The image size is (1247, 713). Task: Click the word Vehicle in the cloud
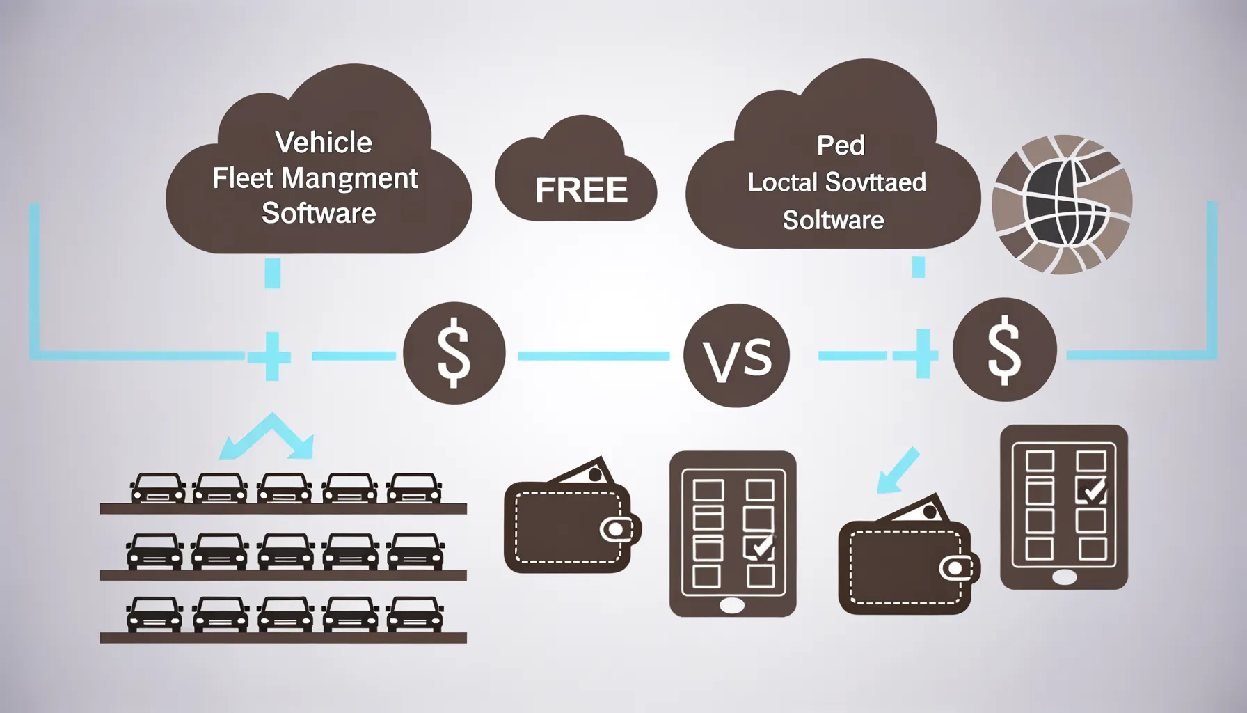click(324, 143)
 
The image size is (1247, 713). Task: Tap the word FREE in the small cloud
click(581, 190)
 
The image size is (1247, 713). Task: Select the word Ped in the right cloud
click(841, 146)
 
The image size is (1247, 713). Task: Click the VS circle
click(736, 356)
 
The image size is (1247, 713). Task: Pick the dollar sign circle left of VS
click(454, 353)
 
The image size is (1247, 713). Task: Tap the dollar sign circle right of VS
click(1004, 350)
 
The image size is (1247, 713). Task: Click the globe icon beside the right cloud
click(1062, 204)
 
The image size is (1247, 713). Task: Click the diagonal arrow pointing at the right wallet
click(898, 471)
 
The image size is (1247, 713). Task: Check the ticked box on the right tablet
click(1091, 490)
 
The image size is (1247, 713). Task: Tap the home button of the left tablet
click(732, 605)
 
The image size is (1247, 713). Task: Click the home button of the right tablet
click(1063, 577)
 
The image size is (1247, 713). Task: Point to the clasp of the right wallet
click(957, 568)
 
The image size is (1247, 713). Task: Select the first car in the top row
click(158, 488)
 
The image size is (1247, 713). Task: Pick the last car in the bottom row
click(415, 614)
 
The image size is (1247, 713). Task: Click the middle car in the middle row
click(285, 551)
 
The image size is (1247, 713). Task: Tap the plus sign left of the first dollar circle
click(272, 356)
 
